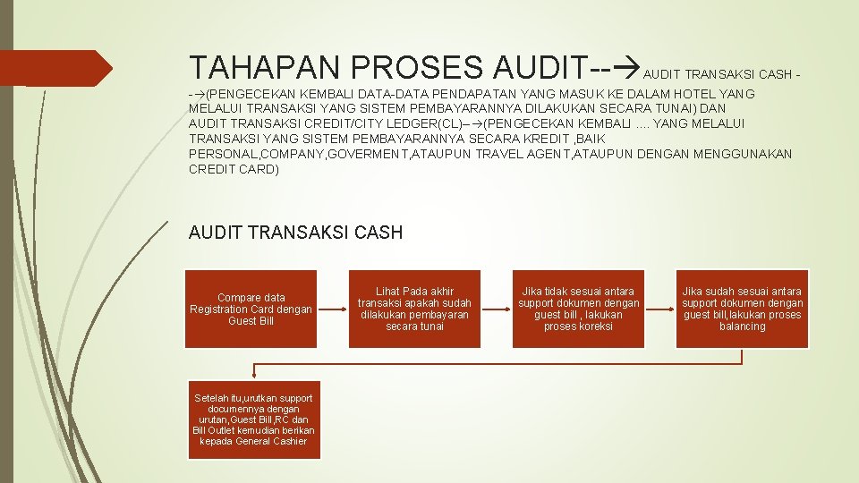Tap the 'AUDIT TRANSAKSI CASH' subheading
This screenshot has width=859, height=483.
coord(296,233)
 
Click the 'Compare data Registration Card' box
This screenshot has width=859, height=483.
coord(251,309)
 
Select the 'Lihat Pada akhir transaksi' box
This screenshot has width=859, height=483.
coord(414,309)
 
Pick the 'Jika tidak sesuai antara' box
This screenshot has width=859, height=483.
coord(579,309)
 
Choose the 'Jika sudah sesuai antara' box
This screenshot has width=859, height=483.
coord(742,309)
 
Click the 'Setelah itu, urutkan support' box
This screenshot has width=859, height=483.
coord(253,419)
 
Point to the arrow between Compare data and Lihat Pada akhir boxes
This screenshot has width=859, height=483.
coord(333,309)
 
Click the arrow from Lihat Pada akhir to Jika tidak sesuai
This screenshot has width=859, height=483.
coord(496,309)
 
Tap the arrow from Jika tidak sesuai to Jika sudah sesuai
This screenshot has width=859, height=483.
coord(660,309)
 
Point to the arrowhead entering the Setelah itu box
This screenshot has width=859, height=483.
coord(254,375)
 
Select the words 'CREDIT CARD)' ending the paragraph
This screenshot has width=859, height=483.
coord(234,169)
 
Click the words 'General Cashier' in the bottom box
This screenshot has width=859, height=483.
coord(267,441)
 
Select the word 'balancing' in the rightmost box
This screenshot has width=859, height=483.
coord(742,326)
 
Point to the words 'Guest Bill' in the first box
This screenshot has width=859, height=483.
coord(251,321)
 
